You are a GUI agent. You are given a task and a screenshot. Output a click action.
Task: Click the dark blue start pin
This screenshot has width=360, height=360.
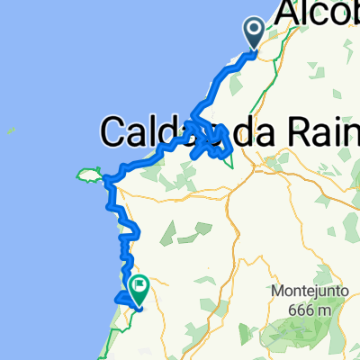[x=254, y=34]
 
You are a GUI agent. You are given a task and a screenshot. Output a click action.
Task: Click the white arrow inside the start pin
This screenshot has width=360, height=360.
[x=254, y=31]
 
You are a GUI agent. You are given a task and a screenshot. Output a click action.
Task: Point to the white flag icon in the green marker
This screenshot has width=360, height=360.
[x=140, y=285]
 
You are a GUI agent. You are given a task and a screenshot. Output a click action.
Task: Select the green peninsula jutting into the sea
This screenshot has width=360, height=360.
[x=90, y=173]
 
